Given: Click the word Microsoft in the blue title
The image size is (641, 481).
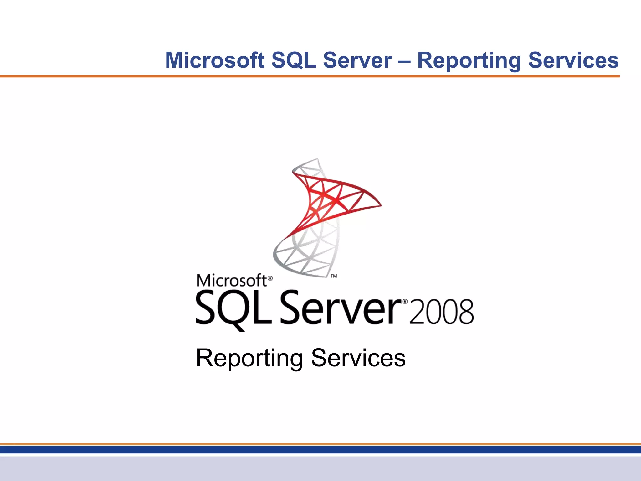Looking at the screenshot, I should tap(215, 60).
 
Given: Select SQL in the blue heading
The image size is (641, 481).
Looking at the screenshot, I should tap(294, 60).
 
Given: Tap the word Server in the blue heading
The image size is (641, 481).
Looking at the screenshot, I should tap(357, 60).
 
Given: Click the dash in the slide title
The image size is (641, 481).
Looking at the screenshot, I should tap(404, 61).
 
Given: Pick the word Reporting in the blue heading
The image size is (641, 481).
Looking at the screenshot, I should tap(469, 61).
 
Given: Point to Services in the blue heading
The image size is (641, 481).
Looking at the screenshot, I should tap(573, 60).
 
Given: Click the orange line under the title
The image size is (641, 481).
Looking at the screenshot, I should tap(310, 76).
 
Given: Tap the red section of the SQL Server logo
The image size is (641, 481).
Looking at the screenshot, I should tap(332, 197).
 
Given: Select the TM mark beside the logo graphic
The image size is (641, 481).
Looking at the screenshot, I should tap(334, 276).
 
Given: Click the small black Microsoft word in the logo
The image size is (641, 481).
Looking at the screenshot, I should tap(232, 280).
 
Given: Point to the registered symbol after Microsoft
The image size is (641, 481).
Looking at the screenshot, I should tap(270, 278).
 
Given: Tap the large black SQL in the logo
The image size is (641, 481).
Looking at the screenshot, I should tap(233, 308).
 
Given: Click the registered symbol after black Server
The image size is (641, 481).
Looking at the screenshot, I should tap(405, 302).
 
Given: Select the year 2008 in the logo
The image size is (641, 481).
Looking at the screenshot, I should tap(441, 312).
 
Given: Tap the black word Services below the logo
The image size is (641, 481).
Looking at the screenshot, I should tap(358, 358).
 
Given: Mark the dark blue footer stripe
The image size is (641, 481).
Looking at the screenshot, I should tap(320, 450).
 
